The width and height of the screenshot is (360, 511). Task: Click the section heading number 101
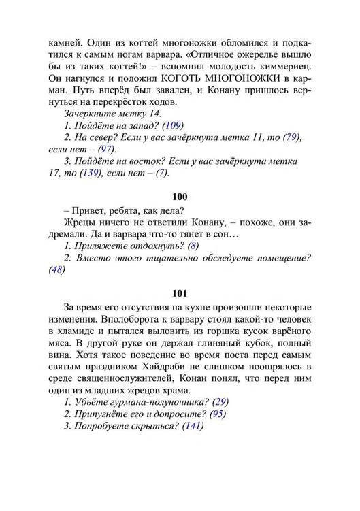click(x=180, y=293)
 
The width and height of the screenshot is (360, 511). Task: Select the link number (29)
click(x=221, y=402)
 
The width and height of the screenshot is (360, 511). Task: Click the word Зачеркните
click(x=91, y=112)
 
